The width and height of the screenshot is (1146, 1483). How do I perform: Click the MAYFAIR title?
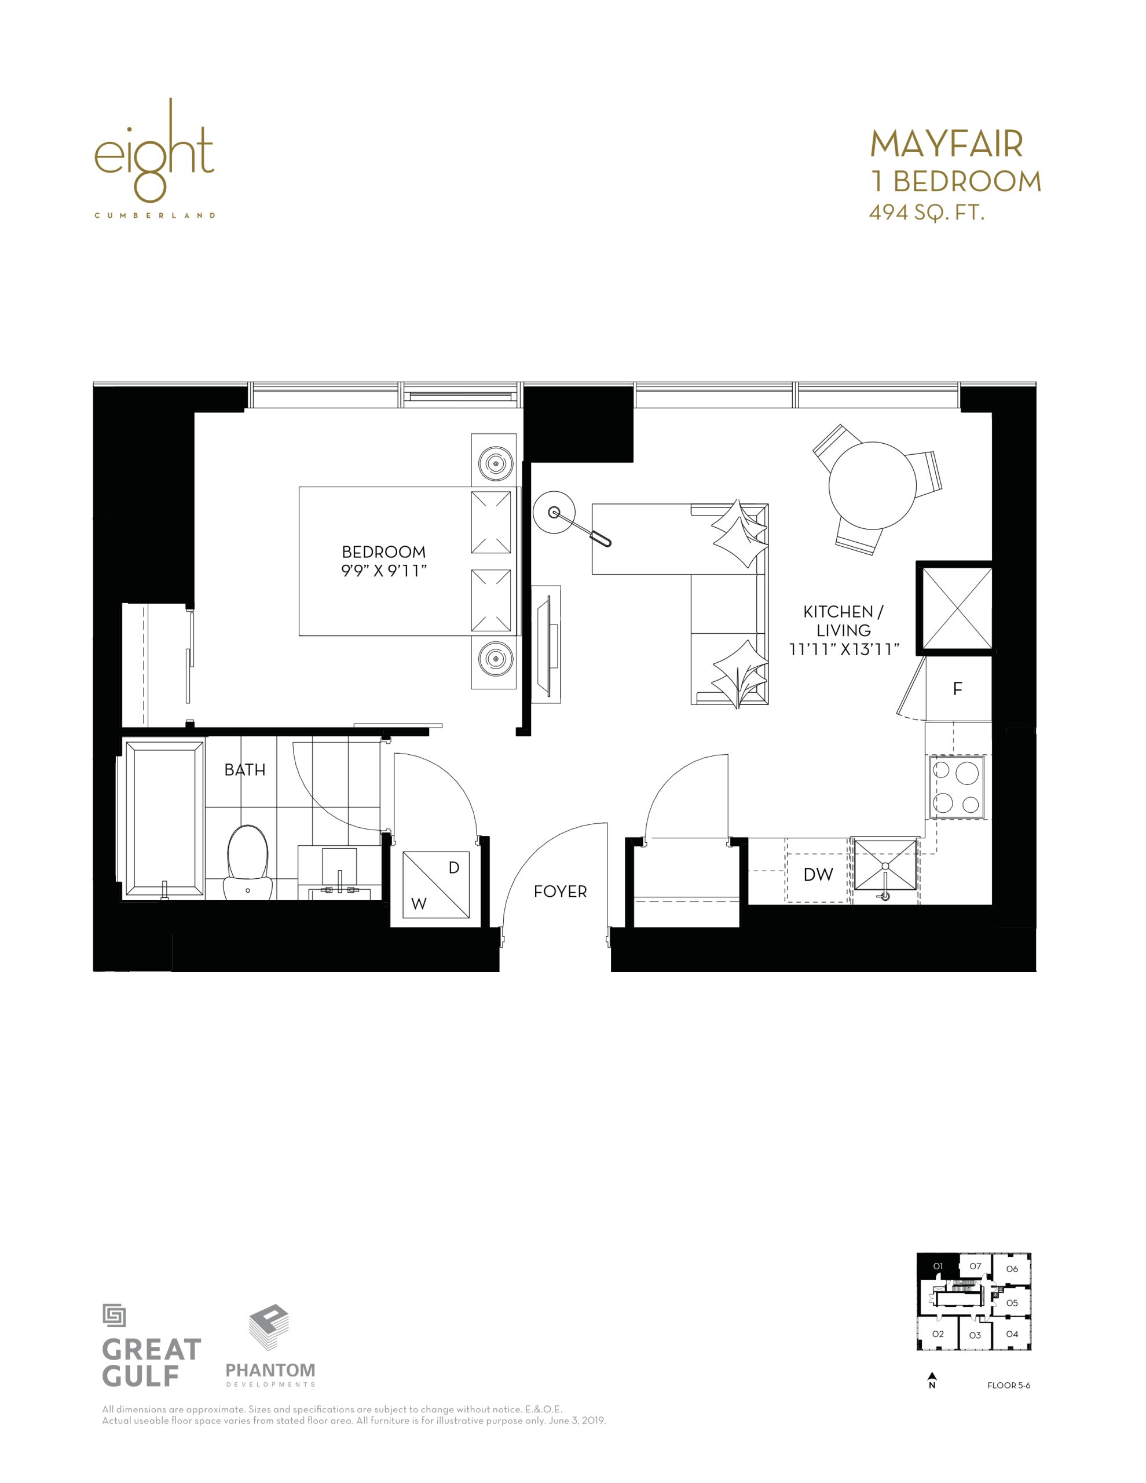tap(946, 144)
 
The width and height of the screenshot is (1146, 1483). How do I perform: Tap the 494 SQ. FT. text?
tap(927, 213)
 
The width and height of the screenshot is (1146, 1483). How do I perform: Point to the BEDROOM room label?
tap(383, 552)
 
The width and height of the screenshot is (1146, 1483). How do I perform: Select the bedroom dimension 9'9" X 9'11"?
tap(383, 571)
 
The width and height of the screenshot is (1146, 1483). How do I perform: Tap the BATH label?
tap(245, 770)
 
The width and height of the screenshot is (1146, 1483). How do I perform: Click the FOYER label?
tap(560, 892)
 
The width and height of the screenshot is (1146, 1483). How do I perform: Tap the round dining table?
tap(873, 486)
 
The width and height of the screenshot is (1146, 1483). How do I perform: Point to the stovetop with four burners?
tap(957, 787)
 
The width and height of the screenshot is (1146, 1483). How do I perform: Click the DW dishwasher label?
tap(818, 875)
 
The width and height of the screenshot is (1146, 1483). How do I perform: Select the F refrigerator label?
tap(958, 689)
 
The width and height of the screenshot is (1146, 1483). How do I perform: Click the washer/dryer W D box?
tap(436, 885)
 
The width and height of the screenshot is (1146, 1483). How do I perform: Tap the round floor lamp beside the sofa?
tap(555, 512)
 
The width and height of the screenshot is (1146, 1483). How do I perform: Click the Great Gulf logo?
tap(151, 1345)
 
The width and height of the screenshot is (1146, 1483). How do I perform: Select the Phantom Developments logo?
tap(270, 1346)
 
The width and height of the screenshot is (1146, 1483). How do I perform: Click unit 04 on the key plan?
tap(1012, 1334)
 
